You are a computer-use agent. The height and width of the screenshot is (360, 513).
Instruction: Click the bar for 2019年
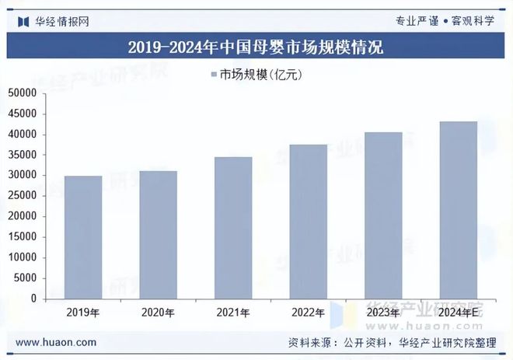point(83,237)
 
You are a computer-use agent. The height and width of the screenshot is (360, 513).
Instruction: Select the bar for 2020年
point(159,235)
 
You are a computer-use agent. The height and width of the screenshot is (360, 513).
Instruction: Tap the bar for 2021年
point(233,228)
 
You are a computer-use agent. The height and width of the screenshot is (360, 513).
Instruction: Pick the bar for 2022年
point(309,222)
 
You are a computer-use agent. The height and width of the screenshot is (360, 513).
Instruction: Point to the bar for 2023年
point(384,215)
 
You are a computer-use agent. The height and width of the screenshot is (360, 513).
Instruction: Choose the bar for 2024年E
point(459,210)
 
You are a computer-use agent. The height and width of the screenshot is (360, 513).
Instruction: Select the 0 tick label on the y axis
point(33,299)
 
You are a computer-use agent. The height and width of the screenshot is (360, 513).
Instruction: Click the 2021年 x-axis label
point(233,313)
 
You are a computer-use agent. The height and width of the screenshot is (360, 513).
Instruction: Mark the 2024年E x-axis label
point(459,313)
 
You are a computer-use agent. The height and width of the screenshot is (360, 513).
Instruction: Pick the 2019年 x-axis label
point(83,313)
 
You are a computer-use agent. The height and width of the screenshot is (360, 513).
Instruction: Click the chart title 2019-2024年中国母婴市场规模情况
point(256,47)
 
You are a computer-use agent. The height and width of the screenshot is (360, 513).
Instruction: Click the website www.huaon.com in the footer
point(56,342)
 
